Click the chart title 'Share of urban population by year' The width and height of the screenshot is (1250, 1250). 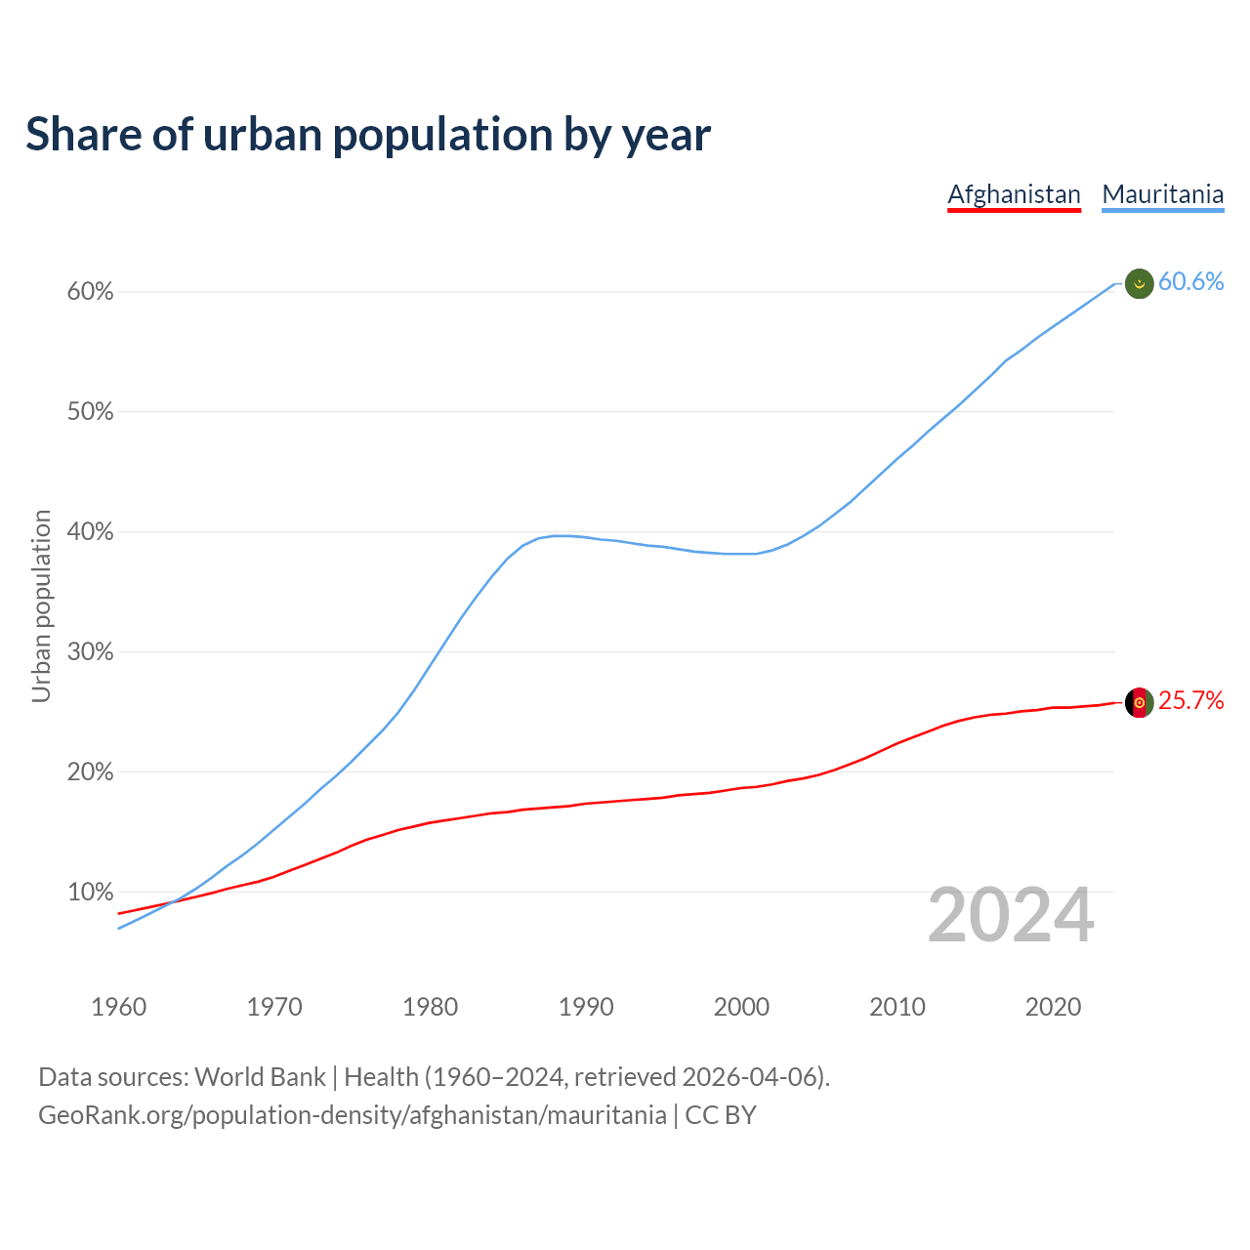click(368, 135)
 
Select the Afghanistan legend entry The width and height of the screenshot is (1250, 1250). click(1014, 194)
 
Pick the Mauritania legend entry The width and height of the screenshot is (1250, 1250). click(1162, 194)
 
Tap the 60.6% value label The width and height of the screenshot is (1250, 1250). click(1190, 282)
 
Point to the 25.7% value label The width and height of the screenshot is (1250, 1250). click(1190, 701)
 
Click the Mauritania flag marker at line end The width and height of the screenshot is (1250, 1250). click(1140, 283)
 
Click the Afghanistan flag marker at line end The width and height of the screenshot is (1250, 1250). click(1140, 702)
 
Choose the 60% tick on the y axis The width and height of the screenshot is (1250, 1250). click(90, 292)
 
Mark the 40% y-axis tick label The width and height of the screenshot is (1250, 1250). click(90, 532)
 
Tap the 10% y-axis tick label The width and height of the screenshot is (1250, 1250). click(90, 893)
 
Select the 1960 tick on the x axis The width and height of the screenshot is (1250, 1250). click(118, 1007)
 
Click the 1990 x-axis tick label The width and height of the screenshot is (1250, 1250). click(586, 1007)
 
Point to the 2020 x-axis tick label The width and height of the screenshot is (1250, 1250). click(1053, 1007)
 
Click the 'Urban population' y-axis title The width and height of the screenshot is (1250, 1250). click(41, 605)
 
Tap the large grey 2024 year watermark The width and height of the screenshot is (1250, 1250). click(1011, 916)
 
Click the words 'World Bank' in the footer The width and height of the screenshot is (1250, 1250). click(260, 1077)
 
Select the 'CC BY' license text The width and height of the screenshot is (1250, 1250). click(721, 1115)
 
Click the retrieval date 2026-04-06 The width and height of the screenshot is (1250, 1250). click(749, 1077)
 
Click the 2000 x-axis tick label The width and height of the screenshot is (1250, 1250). click(742, 1007)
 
